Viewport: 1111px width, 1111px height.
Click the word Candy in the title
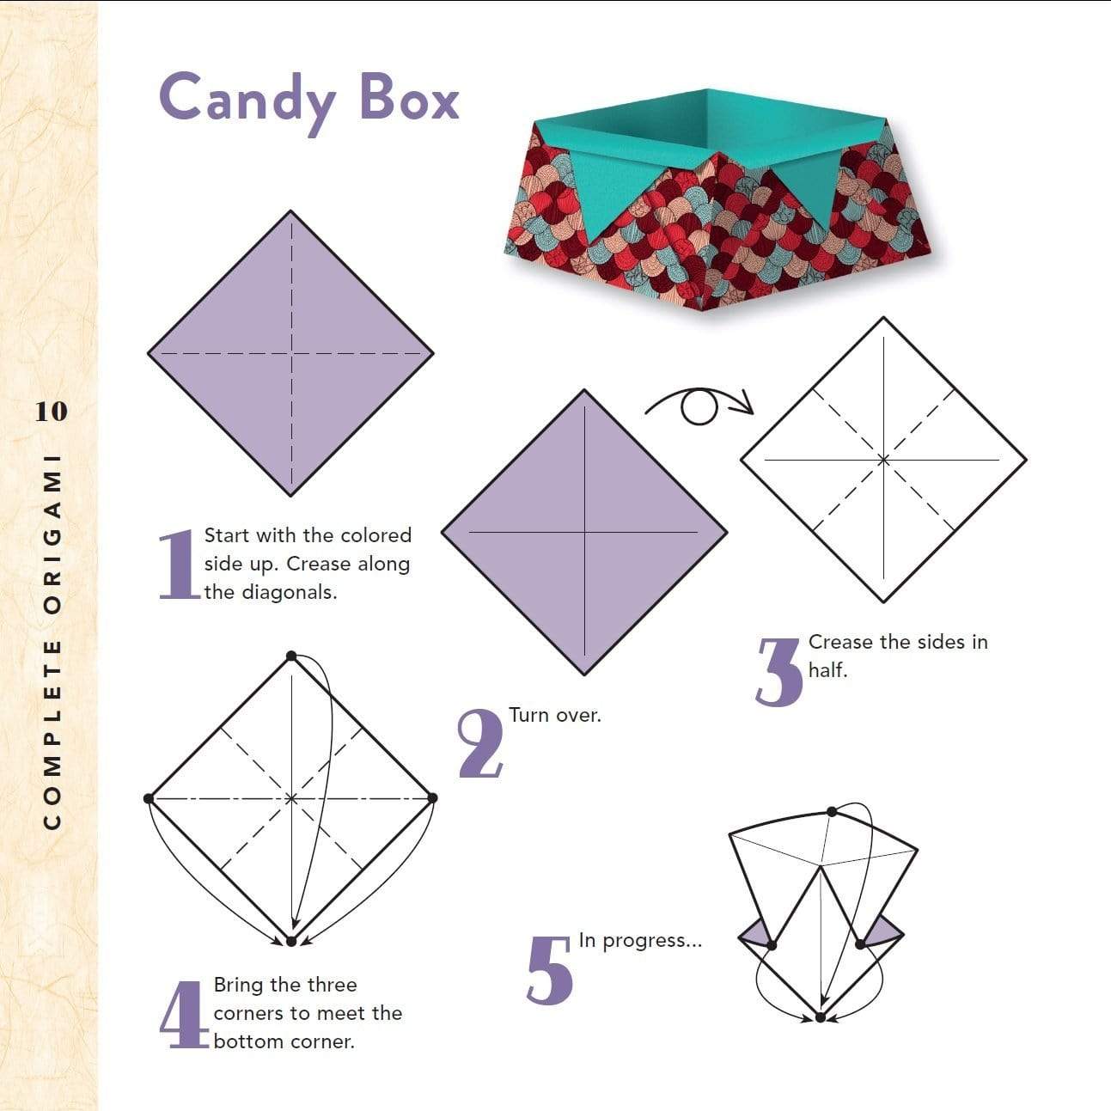(247, 99)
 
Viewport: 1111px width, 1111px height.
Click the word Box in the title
(410, 97)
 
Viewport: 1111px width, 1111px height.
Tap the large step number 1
(178, 565)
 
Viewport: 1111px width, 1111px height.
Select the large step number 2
(479, 744)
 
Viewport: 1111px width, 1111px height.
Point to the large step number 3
(779, 671)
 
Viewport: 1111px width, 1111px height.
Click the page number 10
(51, 412)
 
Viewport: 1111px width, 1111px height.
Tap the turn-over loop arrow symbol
(699, 406)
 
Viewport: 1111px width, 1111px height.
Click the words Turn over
(554, 715)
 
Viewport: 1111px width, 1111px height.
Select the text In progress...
(640, 940)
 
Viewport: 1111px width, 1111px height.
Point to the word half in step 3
(827, 670)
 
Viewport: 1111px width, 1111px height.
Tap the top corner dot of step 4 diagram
(291, 656)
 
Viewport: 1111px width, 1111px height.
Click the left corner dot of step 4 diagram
(150, 798)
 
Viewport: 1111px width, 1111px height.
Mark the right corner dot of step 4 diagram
(432, 798)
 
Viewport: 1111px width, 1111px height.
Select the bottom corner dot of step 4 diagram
(291, 942)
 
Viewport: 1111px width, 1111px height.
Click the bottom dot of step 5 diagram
(820, 1017)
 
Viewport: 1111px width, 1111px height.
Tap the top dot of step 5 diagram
(831, 812)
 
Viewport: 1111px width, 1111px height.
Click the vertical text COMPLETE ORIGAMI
(52, 639)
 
